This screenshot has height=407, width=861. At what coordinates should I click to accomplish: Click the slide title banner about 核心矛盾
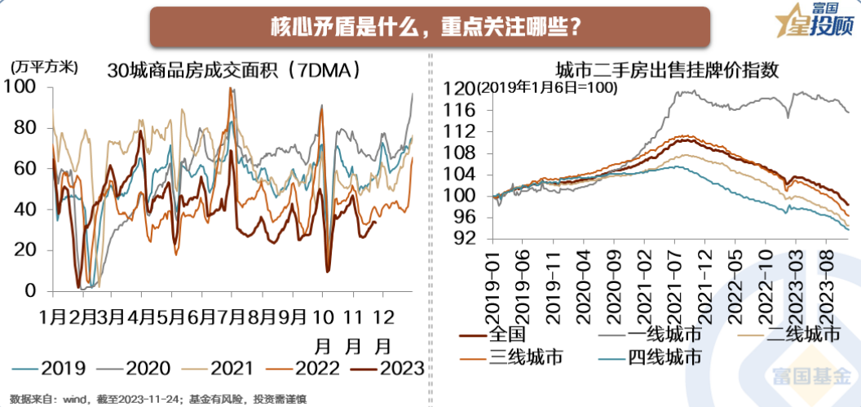click(x=430, y=26)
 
